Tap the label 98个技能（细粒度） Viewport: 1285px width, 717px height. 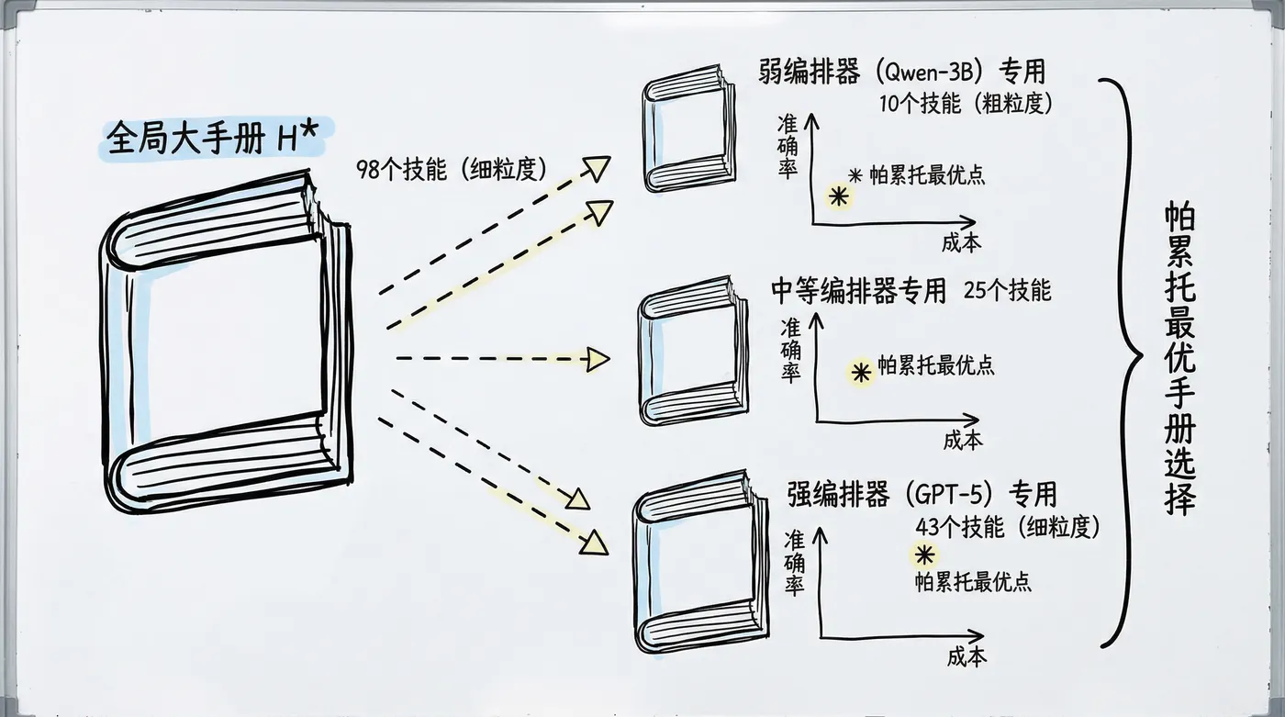[x=452, y=169]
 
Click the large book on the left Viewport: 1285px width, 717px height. [x=225, y=339]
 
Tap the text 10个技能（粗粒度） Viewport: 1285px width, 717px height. [x=965, y=103]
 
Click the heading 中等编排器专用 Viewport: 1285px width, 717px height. [x=858, y=291]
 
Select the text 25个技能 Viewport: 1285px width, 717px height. [x=1008, y=291]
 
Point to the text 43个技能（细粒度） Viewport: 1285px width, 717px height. [x=1007, y=526]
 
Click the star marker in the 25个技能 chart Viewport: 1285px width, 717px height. [x=860, y=372]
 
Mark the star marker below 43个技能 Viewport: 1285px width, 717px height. [x=924, y=555]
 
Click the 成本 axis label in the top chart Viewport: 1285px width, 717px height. [x=961, y=242]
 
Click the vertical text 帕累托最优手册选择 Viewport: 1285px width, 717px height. [x=1179, y=359]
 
